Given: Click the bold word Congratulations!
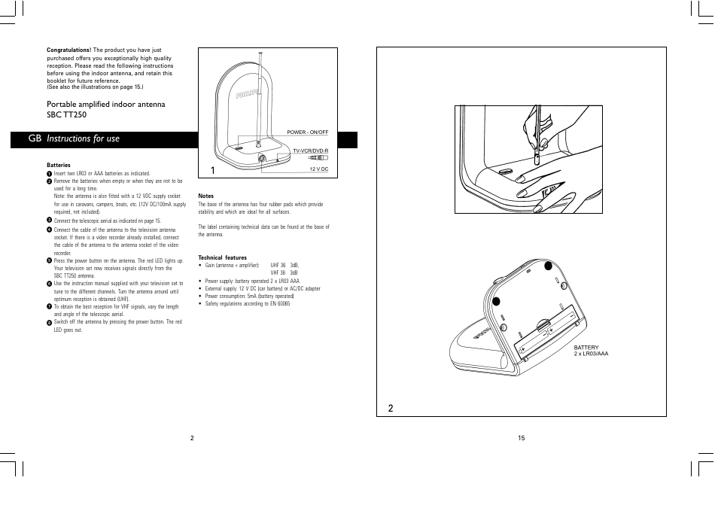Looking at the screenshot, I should point(68,50).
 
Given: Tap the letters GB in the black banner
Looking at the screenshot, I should point(35,139).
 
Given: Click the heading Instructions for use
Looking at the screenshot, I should point(83,139).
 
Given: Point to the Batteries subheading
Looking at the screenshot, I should point(58,165).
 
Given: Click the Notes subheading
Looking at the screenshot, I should point(205,196).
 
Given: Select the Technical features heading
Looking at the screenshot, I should point(222,257).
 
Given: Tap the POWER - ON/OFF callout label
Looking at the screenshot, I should point(307,132).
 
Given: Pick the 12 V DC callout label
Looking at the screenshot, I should point(319,169).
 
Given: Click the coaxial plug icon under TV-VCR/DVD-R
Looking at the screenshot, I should point(318,159).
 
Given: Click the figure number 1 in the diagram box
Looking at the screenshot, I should point(214,171).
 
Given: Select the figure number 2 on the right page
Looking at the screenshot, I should point(391,408).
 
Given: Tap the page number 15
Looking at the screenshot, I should point(521,438).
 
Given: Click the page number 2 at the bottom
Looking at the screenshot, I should point(192,438).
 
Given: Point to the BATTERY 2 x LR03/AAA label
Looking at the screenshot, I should point(591,351).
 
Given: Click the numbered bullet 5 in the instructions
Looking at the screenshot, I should point(49,260).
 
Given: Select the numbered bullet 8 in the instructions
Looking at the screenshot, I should point(49,322).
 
